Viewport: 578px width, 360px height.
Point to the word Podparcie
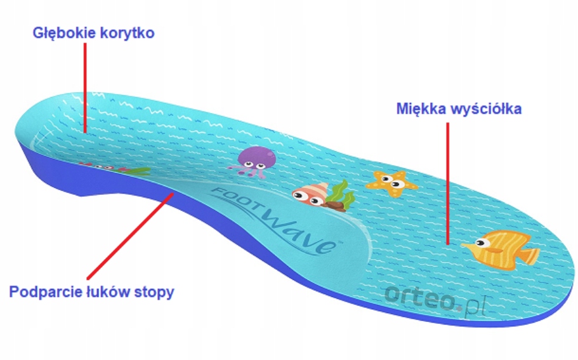click(42, 293)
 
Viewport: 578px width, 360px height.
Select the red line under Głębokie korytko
click(84, 89)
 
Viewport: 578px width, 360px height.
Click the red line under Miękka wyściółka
click(449, 184)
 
